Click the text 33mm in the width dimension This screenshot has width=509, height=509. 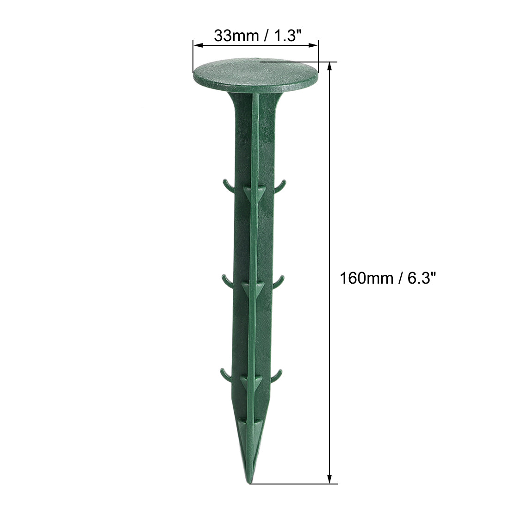[x=236, y=36]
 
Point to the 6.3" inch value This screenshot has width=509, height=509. [x=419, y=279]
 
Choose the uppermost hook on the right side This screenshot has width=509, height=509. [x=279, y=186]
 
